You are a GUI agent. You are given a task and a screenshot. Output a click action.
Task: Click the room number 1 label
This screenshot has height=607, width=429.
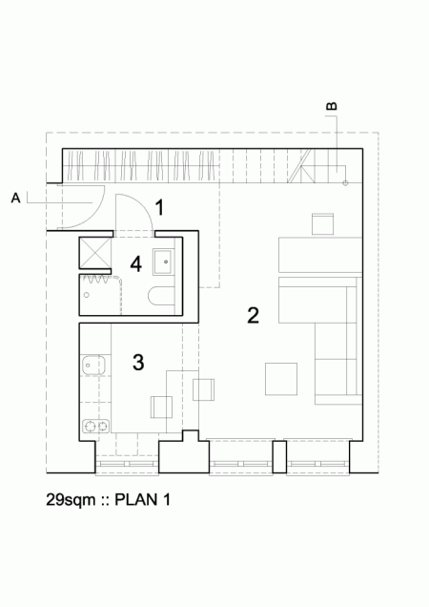click(160, 207)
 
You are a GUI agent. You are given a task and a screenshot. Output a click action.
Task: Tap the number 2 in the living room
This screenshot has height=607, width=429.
click(253, 315)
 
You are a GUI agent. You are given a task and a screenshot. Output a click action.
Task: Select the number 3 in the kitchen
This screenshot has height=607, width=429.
click(138, 363)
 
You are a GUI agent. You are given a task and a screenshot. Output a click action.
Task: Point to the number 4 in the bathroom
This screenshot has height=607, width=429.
click(136, 263)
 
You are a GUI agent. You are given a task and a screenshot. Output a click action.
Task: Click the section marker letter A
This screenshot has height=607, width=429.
click(15, 198)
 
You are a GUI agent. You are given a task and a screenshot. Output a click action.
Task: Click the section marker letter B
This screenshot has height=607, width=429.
click(331, 108)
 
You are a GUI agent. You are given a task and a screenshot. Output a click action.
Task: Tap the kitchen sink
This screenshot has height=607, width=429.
click(92, 365)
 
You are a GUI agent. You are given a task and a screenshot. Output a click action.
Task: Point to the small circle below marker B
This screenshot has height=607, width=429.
click(345, 181)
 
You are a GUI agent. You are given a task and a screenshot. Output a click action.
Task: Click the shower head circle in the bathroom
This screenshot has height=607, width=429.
click(87, 295)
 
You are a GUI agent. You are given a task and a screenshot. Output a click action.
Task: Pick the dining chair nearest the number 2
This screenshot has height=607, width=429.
click(204, 388)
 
